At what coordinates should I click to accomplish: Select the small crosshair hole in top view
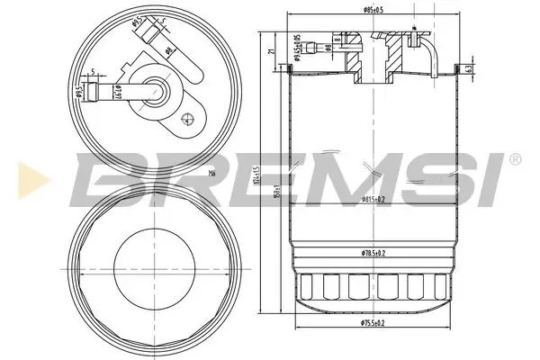coord(186,117)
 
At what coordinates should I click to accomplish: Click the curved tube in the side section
coord(433,56)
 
